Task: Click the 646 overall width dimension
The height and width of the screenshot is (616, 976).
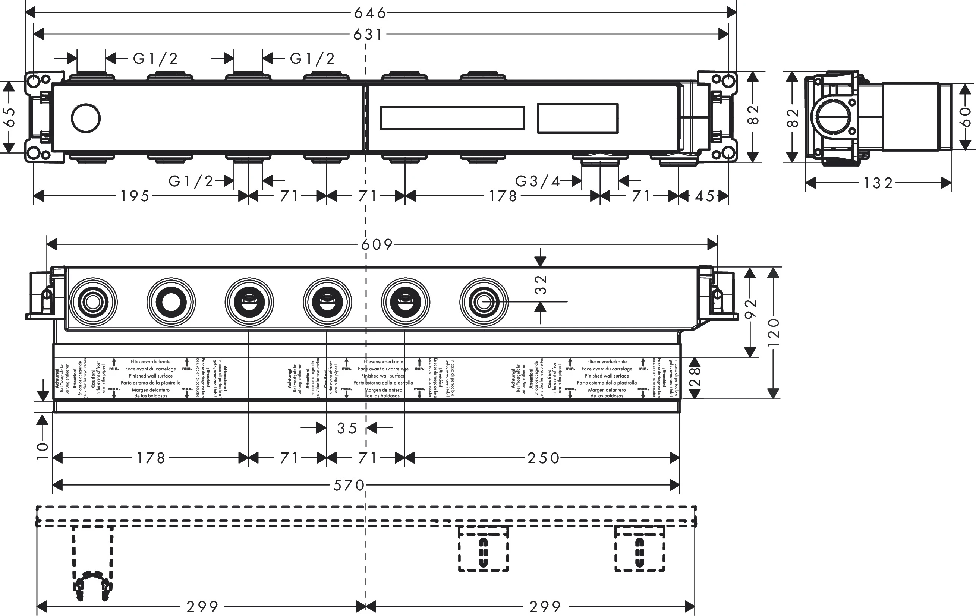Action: tap(370, 13)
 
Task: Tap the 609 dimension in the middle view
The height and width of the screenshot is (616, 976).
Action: tap(377, 244)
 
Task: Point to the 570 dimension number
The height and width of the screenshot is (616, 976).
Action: tap(349, 485)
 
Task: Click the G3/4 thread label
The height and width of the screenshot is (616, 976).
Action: tap(537, 181)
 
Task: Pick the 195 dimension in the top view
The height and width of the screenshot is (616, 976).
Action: tap(135, 196)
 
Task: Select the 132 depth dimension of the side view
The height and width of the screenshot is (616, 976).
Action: tap(878, 183)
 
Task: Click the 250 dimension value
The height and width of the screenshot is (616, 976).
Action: tap(543, 458)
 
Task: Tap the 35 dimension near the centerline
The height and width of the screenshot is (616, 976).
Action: tap(347, 428)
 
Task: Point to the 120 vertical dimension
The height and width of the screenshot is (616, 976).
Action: tap(774, 332)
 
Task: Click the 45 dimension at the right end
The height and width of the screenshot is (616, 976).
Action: tap(705, 196)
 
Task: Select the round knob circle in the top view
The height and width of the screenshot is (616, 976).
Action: tap(85, 119)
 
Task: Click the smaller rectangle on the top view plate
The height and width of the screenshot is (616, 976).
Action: tap(577, 119)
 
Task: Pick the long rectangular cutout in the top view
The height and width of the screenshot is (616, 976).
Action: tap(452, 119)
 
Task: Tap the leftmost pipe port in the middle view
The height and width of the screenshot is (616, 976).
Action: tap(93, 302)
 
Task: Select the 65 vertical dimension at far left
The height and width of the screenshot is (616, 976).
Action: tap(9, 117)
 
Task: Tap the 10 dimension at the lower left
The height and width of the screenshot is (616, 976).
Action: tap(42, 451)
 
